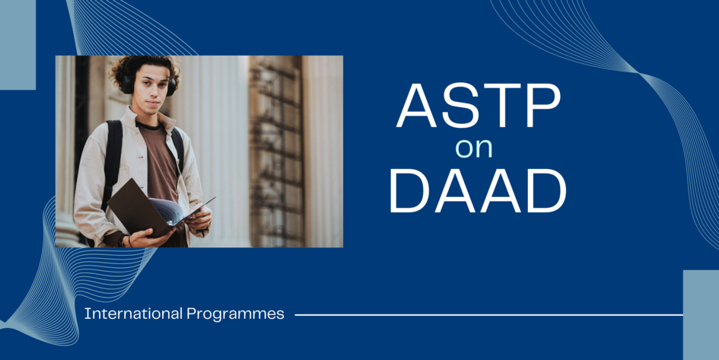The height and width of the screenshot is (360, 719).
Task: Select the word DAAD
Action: (477, 190)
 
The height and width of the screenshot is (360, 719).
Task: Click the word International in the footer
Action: (133, 314)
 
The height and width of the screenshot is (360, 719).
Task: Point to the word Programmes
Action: (235, 314)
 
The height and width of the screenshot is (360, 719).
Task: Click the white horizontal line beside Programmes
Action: (487, 314)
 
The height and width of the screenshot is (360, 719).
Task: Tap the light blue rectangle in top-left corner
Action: (17, 44)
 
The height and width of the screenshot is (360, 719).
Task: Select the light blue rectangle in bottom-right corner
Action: (701, 314)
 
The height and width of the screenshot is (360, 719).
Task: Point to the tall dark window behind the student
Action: (274, 152)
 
